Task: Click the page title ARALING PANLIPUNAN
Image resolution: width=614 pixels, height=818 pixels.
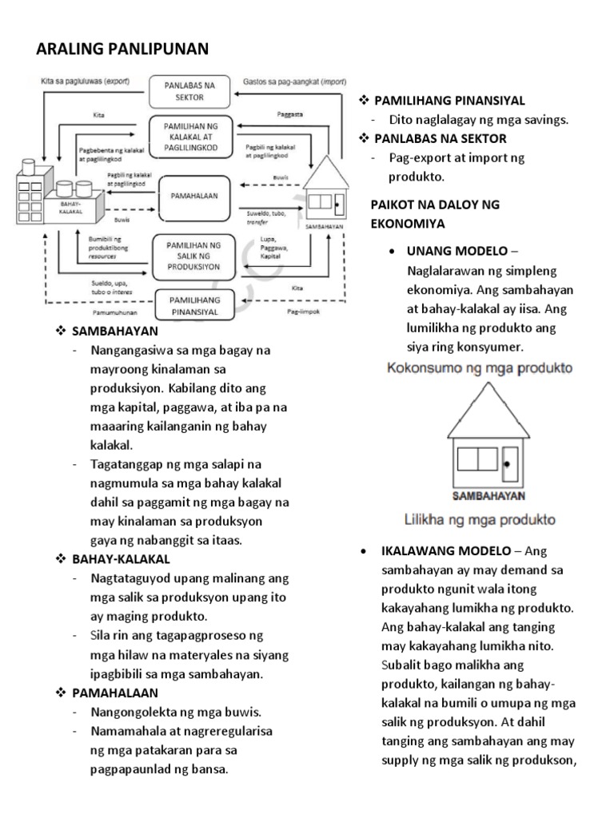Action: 122,50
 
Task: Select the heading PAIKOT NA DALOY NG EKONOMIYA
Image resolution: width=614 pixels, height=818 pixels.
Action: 435,214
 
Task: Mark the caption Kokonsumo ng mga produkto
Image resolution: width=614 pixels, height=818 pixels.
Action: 480,368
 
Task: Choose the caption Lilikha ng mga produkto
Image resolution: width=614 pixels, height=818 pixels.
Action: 479,520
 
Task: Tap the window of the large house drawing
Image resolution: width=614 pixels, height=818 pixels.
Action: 478,459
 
